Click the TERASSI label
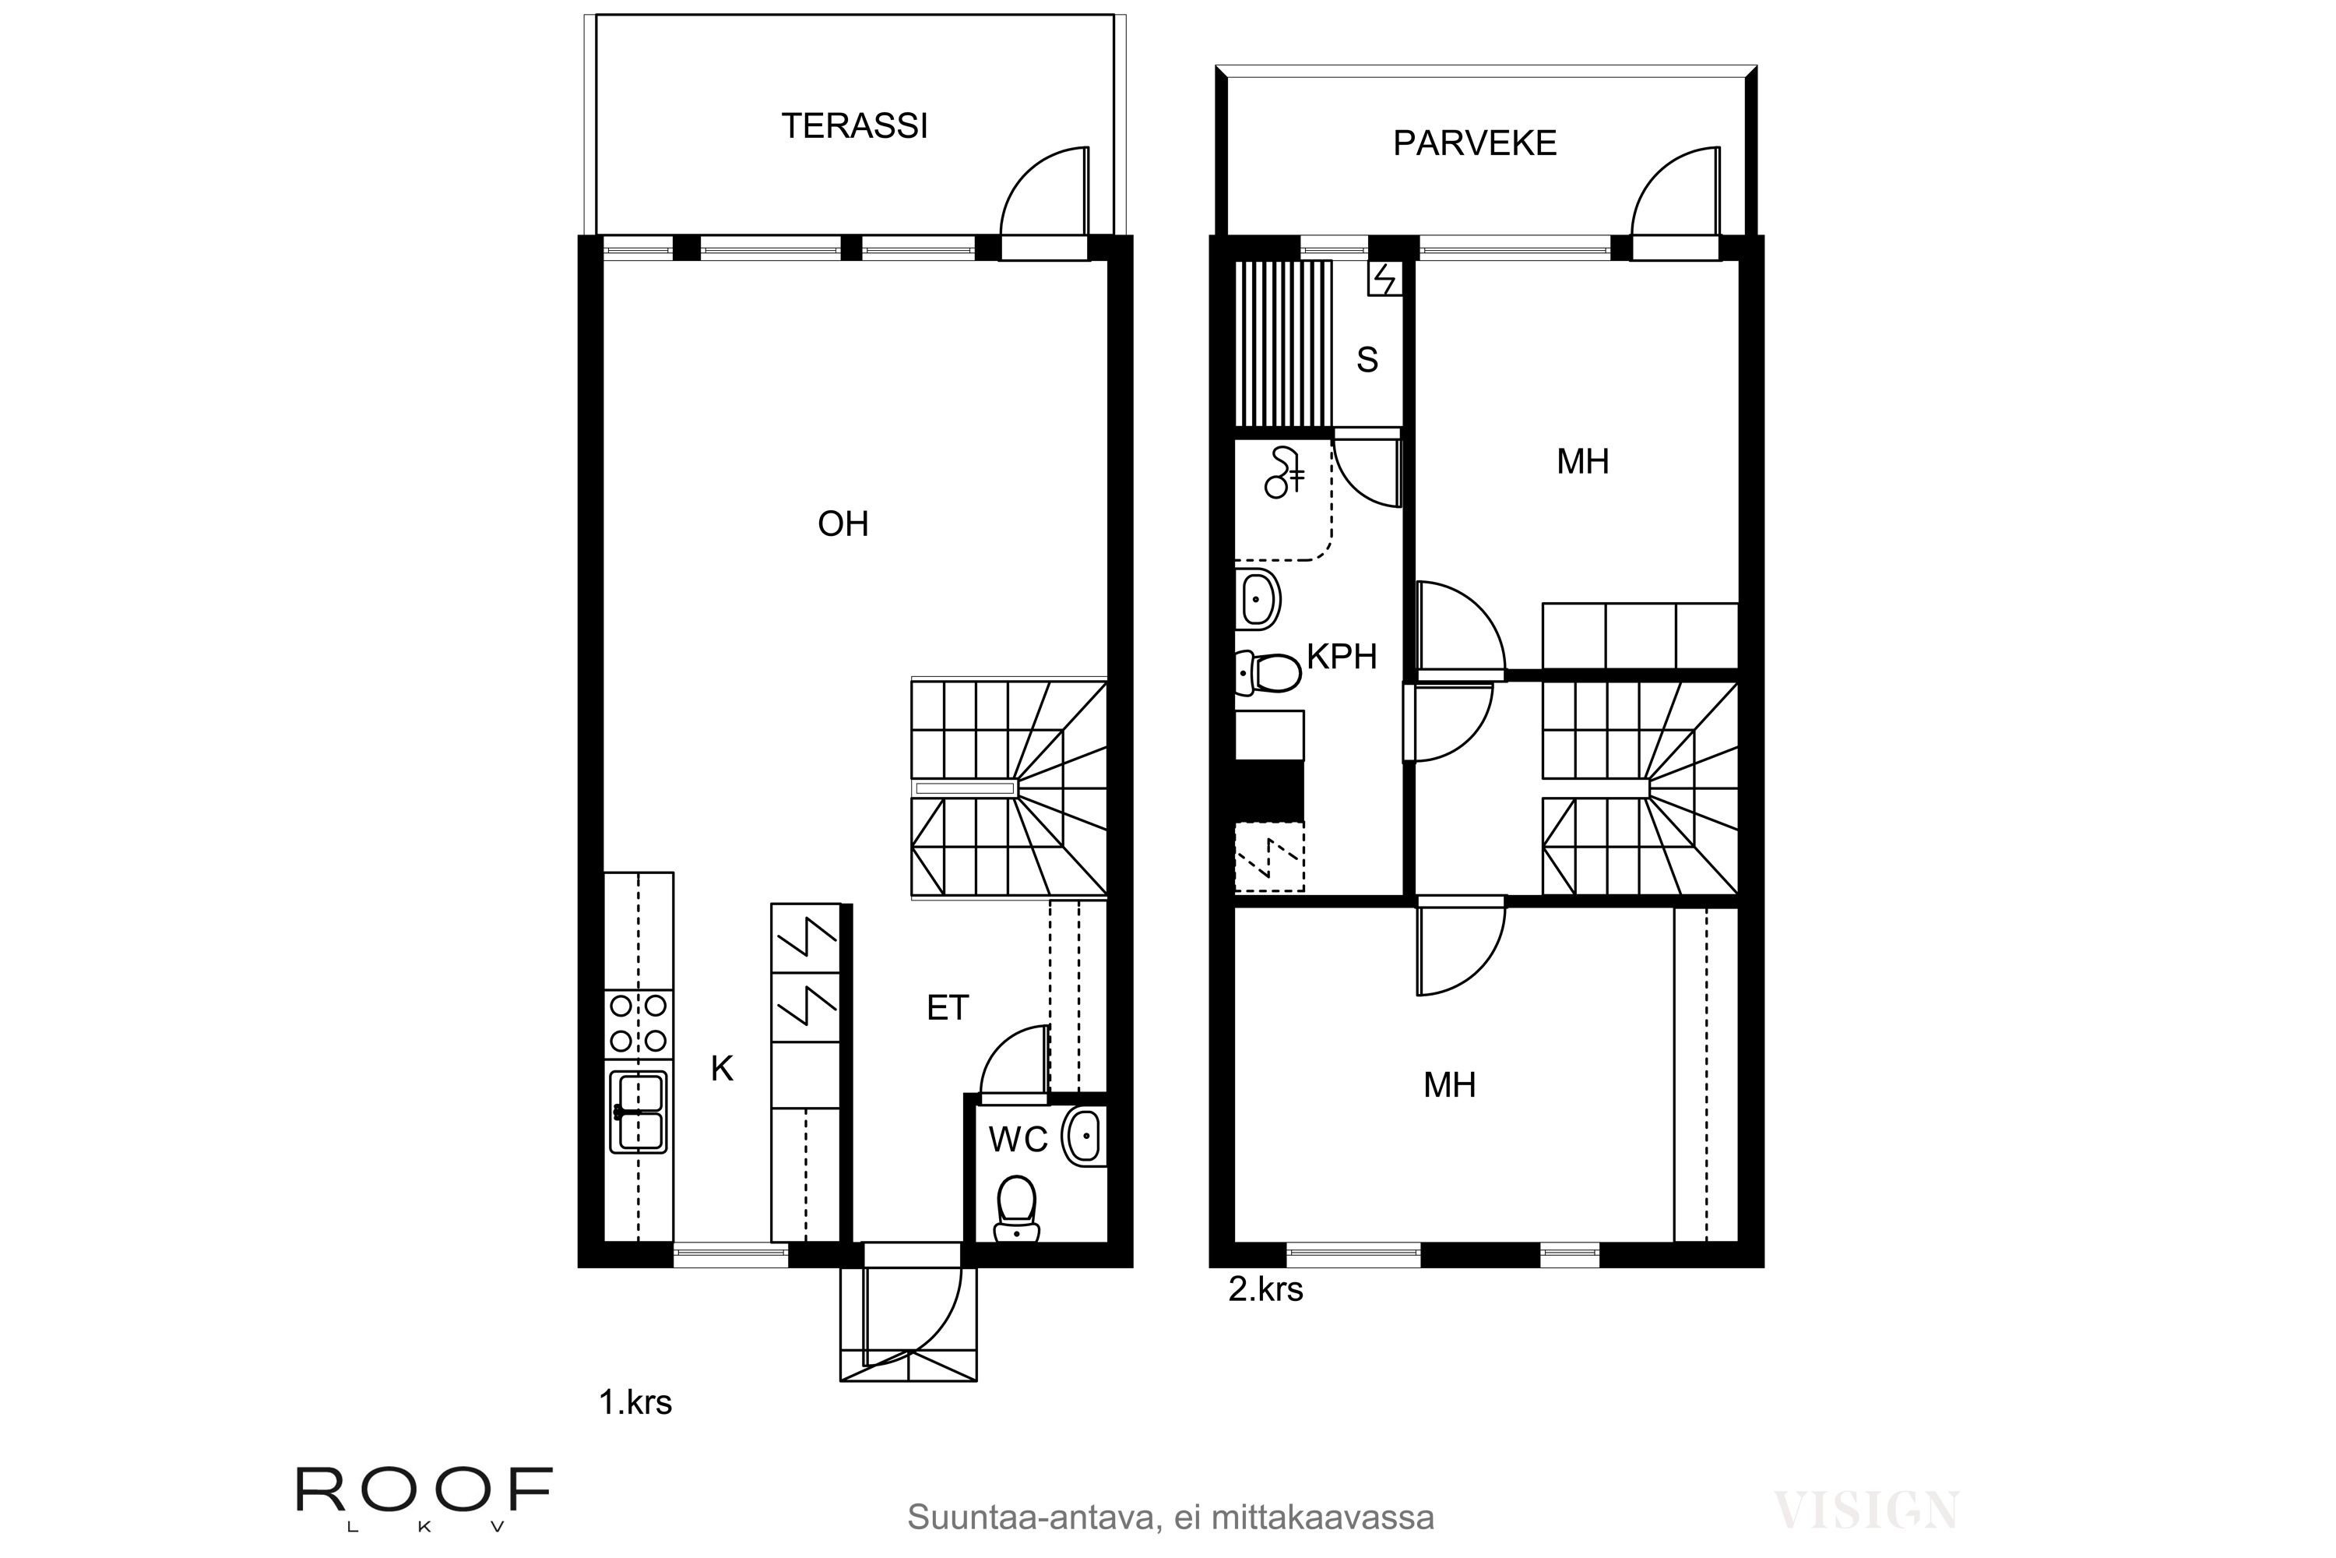point(854,126)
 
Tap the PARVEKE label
point(1474,143)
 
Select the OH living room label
point(843,523)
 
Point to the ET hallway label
point(947,1009)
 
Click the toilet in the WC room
point(1015,1207)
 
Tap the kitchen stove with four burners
point(639,1024)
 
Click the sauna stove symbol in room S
point(1384,278)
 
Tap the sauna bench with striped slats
point(1282,343)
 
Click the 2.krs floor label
point(1265,1290)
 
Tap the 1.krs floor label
point(635,1403)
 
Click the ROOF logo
point(424,1490)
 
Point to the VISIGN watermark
point(1866,1510)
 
